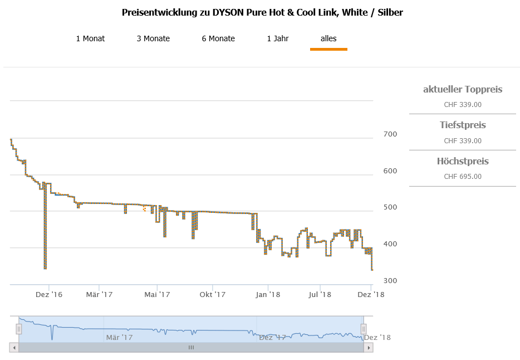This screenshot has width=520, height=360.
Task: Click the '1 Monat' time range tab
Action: (90, 38)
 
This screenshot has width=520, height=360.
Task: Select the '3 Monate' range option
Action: (153, 38)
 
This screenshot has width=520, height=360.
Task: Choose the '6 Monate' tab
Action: (218, 38)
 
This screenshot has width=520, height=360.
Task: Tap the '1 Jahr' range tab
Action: (278, 38)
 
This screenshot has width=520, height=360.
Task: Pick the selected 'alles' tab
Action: (328, 38)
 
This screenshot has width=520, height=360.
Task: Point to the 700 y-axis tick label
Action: (390, 134)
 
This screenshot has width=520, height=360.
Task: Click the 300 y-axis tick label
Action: (390, 280)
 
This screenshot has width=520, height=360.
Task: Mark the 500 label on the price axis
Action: (390, 207)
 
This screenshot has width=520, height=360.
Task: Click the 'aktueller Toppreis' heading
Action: (463, 89)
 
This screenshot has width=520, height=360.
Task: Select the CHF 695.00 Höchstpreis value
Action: (463, 177)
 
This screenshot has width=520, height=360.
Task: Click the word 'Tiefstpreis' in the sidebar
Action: (463, 125)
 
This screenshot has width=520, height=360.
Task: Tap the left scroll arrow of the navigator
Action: (14, 347)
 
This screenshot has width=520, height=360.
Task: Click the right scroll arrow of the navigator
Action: (368, 347)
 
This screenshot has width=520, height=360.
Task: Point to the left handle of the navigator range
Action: (18, 329)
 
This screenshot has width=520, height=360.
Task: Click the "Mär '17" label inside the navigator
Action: (119, 337)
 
